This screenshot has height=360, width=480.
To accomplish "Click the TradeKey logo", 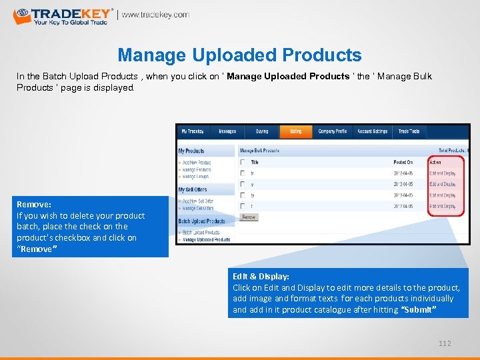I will (63, 15).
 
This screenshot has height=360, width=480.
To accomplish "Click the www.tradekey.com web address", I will (155, 15).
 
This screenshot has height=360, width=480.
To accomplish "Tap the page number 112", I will (445, 343).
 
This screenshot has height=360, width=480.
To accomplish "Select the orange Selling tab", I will (295, 131).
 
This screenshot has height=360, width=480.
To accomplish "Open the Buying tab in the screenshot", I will (261, 131).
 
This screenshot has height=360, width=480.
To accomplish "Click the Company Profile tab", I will (331, 131).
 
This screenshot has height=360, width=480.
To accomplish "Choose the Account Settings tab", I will (372, 131).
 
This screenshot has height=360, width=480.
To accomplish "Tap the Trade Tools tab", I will (409, 131).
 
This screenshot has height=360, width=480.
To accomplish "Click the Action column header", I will (435, 162).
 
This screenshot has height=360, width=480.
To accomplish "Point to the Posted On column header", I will (403, 162).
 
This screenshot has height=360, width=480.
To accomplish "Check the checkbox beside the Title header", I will (243, 162).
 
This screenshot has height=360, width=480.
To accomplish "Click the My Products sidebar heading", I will (191, 151).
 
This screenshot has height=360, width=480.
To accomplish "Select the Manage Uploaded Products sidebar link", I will (206, 239).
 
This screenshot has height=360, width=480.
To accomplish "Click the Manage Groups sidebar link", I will (197, 177).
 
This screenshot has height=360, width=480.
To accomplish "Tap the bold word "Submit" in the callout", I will (418, 310).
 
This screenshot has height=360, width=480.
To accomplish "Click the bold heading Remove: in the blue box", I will (34, 204).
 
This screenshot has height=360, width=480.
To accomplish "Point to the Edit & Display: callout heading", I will (261, 276).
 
